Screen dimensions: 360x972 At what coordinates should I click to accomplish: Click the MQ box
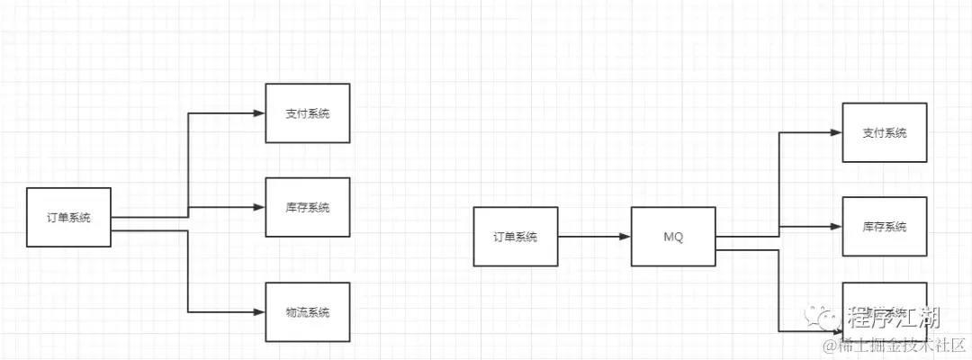(673, 237)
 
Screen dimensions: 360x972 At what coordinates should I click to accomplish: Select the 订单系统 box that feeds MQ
(515, 237)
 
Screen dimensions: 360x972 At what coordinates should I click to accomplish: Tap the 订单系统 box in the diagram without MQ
(68, 218)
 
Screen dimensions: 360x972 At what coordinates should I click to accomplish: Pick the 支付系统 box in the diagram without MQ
(307, 113)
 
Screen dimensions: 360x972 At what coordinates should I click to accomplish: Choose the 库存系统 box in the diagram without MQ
(307, 208)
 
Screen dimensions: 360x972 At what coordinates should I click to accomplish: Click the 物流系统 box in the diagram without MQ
(307, 312)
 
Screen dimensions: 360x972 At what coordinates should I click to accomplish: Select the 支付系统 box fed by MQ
(884, 132)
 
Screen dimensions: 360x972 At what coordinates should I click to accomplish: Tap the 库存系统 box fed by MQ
(884, 227)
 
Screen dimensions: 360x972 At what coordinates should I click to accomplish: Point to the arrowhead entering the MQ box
(625, 237)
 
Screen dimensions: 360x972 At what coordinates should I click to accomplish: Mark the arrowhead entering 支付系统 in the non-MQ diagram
(259, 113)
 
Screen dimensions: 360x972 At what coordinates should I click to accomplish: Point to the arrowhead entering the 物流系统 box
(259, 312)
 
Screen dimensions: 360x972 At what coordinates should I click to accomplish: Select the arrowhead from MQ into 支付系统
(836, 132)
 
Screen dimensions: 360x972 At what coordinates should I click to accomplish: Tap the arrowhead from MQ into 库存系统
(836, 227)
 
